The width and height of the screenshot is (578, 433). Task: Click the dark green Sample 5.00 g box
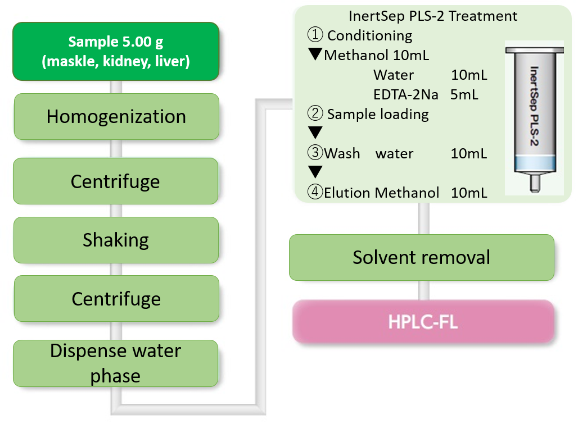[x=115, y=51]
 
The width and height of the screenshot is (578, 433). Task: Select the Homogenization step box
[x=116, y=116]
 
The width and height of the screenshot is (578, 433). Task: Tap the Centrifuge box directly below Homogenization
[x=116, y=181]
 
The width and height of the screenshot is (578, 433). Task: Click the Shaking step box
[x=116, y=240]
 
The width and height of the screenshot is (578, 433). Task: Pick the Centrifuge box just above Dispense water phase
[x=116, y=298]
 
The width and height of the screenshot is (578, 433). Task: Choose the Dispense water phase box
[x=116, y=363]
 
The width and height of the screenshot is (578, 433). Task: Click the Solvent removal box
[x=421, y=257]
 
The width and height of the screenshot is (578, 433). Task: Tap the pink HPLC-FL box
[x=423, y=322]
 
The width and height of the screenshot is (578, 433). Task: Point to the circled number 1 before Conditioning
[x=315, y=35]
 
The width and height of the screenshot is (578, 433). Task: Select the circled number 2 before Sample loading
[x=315, y=114]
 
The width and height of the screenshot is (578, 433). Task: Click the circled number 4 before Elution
[x=314, y=193]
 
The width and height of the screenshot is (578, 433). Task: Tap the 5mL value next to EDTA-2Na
[x=464, y=94]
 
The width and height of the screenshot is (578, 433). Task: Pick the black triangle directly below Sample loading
[x=315, y=133]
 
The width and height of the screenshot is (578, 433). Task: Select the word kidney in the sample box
[x=118, y=61]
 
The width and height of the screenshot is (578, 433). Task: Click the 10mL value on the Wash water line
[x=468, y=153]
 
